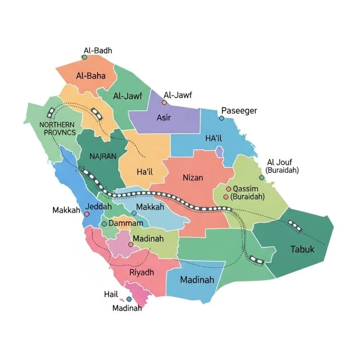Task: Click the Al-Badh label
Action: pyautogui.click(x=98, y=50)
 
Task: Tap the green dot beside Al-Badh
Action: pyautogui.click(x=84, y=57)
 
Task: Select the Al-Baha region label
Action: pyautogui.click(x=90, y=76)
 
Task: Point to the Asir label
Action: pyautogui.click(x=164, y=118)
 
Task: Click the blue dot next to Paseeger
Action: pyautogui.click(x=221, y=118)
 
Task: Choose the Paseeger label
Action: pyautogui.click(x=239, y=111)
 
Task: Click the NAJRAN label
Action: pyautogui.click(x=103, y=156)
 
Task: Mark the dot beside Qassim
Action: pyautogui.click(x=228, y=189)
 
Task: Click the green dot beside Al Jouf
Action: pyautogui.click(x=261, y=177)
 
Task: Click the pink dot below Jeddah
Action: pyautogui.click(x=86, y=214)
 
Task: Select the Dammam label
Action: pyautogui.click(x=126, y=223)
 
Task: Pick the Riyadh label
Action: pyautogui.click(x=142, y=272)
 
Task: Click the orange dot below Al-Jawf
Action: pyautogui.click(x=164, y=103)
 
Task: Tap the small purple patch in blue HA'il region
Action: pyautogui.click(x=219, y=151)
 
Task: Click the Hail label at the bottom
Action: pyautogui.click(x=111, y=294)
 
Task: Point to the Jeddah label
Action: pyautogui.click(x=99, y=207)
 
